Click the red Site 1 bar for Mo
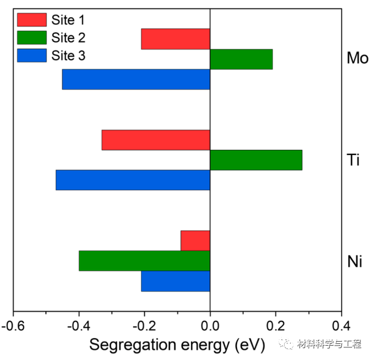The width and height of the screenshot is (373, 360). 176,39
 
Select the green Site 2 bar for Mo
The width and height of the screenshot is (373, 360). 241,59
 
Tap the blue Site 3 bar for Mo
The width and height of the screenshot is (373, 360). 136,79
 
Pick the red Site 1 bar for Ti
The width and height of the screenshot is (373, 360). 156,140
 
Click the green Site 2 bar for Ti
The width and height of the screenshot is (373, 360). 256,160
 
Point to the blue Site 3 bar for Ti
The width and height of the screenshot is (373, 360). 133,180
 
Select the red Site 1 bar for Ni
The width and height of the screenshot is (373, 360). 195,240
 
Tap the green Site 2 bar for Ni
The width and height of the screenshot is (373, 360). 144,261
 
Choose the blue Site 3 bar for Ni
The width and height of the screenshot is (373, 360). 176,281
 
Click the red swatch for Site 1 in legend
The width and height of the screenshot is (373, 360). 32,20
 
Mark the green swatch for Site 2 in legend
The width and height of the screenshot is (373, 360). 32,38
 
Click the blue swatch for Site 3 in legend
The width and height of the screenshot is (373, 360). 32,56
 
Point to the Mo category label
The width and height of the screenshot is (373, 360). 358,59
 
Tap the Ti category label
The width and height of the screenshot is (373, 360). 353,160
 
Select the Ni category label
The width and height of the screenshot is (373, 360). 355,261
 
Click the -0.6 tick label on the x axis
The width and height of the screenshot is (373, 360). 13,326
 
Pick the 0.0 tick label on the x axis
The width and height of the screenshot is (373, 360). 210,326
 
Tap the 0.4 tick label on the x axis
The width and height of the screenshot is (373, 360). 341,326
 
